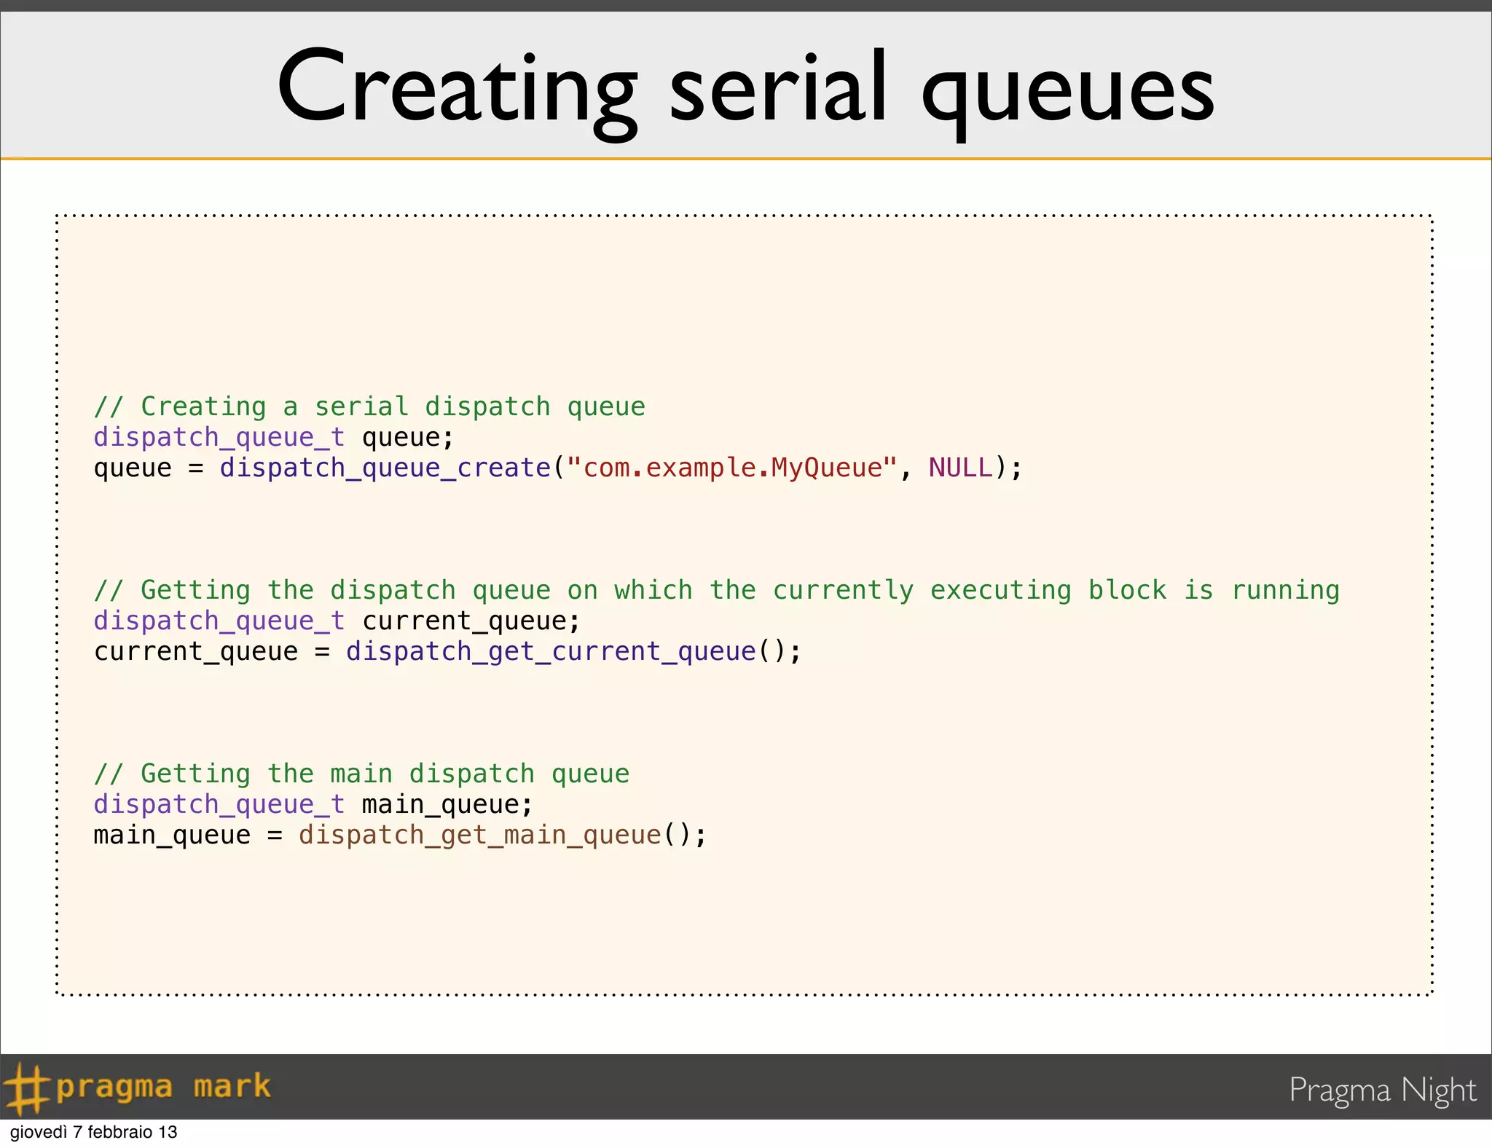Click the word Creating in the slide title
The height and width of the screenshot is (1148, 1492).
coord(457,90)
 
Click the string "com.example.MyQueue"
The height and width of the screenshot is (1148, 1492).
coord(731,468)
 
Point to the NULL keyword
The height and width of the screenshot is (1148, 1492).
coord(960,468)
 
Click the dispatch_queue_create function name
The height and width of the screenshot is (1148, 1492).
coord(385,468)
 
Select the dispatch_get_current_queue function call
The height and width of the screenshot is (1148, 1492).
coord(551,651)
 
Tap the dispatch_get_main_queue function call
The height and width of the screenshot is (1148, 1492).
coord(480,835)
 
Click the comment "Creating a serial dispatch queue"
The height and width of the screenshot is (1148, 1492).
coord(370,406)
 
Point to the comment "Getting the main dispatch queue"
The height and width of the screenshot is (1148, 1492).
coord(362,774)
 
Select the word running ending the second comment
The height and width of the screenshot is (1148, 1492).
coord(1285,590)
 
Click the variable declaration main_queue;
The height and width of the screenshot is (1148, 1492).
coord(447,804)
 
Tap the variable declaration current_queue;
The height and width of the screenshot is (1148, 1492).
coord(471,621)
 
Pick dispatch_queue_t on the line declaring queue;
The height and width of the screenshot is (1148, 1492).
coord(219,437)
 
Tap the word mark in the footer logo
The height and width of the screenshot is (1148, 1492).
coord(232,1086)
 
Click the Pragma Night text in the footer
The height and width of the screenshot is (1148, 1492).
coord(1382,1090)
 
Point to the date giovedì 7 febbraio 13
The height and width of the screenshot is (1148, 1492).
coord(93,1132)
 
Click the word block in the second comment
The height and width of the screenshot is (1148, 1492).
coord(1127,590)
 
